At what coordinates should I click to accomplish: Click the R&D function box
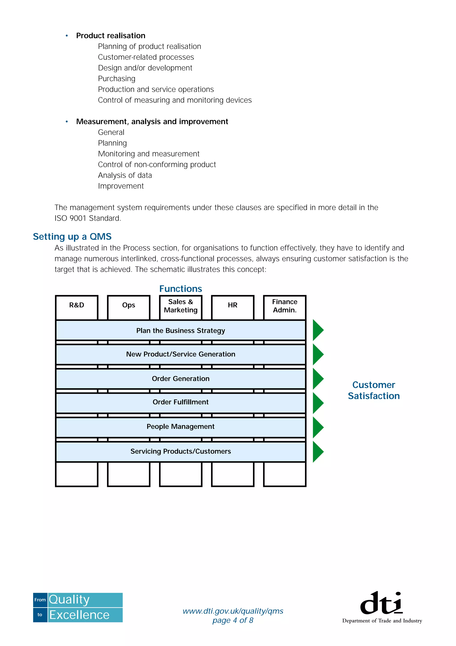pos(77,307)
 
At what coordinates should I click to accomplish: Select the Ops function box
pos(129,307)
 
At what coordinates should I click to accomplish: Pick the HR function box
pos(233,307)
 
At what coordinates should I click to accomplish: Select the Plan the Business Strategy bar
pos(181,330)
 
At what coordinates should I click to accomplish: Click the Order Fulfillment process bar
pos(181,402)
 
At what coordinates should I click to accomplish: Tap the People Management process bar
pos(181,426)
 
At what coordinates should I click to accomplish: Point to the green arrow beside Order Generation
pos(318,379)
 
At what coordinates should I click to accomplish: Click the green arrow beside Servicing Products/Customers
pos(318,452)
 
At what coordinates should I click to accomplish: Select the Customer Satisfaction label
pos(374,390)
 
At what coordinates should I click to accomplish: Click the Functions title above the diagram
pos(181,289)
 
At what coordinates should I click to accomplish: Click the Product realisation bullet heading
pos(111,36)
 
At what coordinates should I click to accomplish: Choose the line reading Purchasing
pos(117,79)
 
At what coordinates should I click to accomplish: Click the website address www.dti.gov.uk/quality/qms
pos(233,611)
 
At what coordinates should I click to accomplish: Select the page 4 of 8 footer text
pos(233,620)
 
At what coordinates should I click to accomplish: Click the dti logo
pos(382,603)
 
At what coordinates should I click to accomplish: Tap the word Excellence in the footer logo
pos(79,615)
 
